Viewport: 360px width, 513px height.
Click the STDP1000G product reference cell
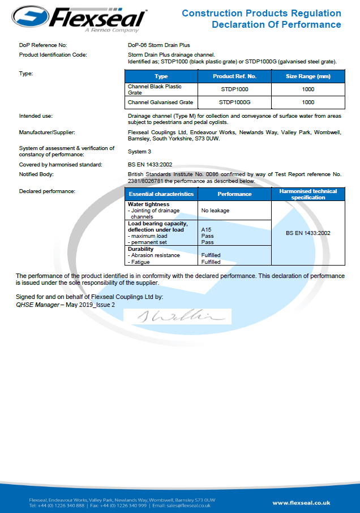click(234, 102)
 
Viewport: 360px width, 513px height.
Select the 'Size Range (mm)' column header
click(308, 76)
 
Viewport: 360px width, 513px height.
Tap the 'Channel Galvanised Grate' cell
click(161, 102)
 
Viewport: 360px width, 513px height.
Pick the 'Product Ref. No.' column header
click(234, 76)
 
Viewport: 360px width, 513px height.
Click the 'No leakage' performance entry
click(215, 210)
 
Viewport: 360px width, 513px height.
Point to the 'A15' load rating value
click(206, 229)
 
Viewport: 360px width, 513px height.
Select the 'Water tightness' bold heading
click(148, 204)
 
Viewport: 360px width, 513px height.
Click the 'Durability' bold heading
click(141, 249)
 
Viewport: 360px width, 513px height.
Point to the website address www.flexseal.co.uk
click(301, 502)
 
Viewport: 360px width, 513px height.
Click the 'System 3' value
click(140, 151)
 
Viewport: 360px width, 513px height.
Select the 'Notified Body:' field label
click(36, 174)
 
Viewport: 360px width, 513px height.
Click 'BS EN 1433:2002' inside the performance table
click(308, 233)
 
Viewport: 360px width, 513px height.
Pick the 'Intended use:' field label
click(36, 116)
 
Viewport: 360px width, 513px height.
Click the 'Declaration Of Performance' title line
click(276, 24)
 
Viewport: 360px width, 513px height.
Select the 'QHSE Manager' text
click(37, 305)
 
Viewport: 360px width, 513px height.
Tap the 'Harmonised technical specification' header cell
click(308, 194)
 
